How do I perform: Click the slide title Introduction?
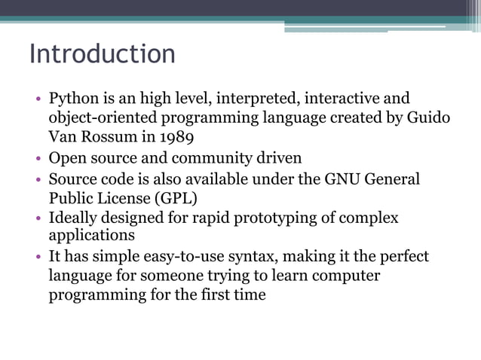point(102,55)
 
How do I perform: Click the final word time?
point(249,294)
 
